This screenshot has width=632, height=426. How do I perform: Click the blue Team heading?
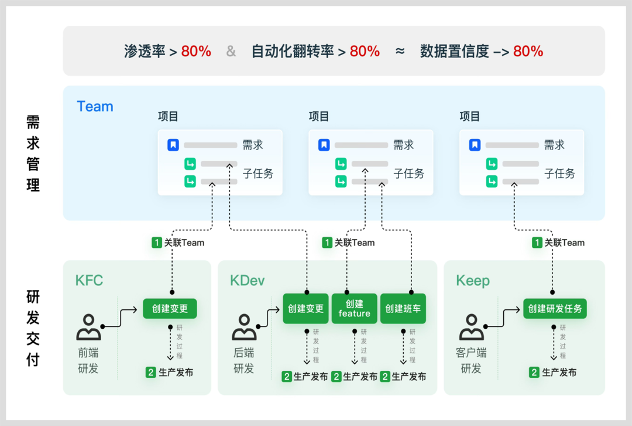[x=95, y=107]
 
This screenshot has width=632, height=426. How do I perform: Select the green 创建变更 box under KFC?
[x=170, y=308]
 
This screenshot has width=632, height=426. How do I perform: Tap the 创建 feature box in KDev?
[x=354, y=308]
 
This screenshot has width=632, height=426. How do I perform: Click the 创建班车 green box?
[x=403, y=308]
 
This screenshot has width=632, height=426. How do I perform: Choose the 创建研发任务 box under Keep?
[x=555, y=308]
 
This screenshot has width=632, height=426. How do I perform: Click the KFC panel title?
[x=89, y=281]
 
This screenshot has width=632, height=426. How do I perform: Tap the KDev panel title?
[x=247, y=281]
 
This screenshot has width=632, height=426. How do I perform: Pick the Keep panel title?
[x=473, y=281]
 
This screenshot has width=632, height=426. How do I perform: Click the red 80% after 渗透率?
[x=196, y=52]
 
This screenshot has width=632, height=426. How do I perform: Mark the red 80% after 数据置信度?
[x=528, y=52]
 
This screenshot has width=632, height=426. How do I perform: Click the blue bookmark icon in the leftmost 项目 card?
[x=173, y=145]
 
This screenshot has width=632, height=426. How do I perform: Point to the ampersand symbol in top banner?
[x=231, y=52]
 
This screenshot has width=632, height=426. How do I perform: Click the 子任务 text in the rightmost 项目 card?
[x=559, y=173]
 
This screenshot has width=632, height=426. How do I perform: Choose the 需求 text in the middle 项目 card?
[x=403, y=145]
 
